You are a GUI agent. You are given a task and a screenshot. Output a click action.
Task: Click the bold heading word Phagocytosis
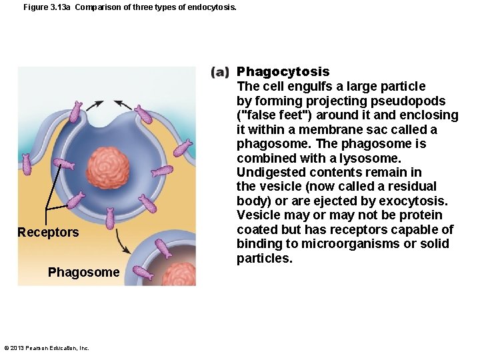[283, 72]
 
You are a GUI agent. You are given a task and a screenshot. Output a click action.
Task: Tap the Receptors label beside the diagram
[48, 233]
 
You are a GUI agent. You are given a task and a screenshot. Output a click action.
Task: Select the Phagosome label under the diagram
[84, 273]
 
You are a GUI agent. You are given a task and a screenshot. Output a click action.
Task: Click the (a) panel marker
[221, 72]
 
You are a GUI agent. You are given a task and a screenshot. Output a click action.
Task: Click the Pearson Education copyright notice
[47, 347]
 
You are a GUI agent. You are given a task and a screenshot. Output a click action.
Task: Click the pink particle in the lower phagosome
[179, 274]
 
